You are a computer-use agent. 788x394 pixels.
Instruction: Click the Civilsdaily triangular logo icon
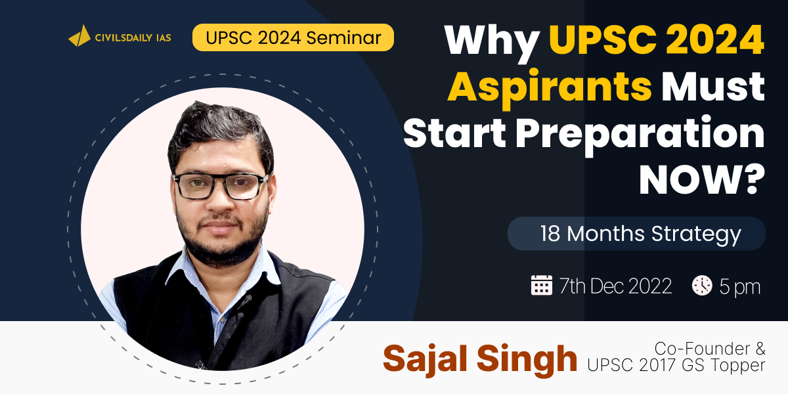pyautogui.click(x=80, y=36)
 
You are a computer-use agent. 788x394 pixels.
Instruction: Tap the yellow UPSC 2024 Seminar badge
pyautogui.click(x=293, y=37)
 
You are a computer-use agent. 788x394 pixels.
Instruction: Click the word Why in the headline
pyautogui.click(x=492, y=41)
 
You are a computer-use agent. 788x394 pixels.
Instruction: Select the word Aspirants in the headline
pyautogui.click(x=550, y=88)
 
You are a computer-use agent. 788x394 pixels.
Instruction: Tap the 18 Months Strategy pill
pyautogui.click(x=636, y=234)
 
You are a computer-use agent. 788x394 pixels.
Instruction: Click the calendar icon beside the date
pyautogui.click(x=541, y=285)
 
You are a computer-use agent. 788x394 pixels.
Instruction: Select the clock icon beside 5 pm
pyautogui.click(x=702, y=285)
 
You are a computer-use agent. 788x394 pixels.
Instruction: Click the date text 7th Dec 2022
pyautogui.click(x=615, y=286)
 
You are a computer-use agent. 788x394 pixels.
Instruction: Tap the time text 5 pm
pyautogui.click(x=740, y=287)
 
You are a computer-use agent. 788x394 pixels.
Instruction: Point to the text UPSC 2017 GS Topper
pyautogui.click(x=676, y=365)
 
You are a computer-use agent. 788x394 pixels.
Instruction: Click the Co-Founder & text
pyautogui.click(x=710, y=349)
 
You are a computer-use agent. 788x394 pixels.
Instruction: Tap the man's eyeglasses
pyautogui.click(x=221, y=186)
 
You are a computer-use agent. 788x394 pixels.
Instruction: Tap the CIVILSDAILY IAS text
pyautogui.click(x=133, y=37)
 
